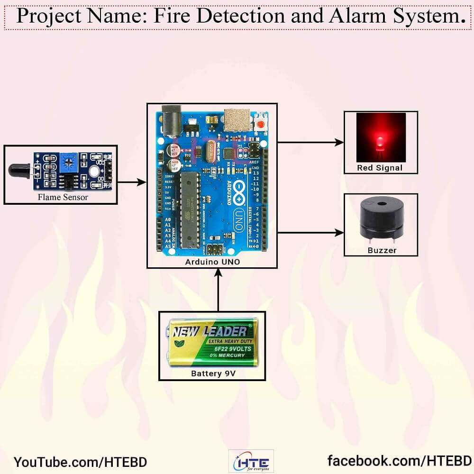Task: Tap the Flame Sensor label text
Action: pyautogui.click(x=63, y=197)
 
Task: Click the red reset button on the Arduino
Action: pyautogui.click(x=260, y=125)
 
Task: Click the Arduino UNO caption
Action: pyautogui.click(x=211, y=262)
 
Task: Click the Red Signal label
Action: pyautogui.click(x=380, y=168)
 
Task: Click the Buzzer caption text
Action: pyautogui.click(x=382, y=250)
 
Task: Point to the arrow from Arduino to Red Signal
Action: pyautogui.click(x=310, y=142)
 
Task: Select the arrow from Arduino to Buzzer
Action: pyautogui.click(x=310, y=233)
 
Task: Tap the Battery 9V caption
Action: pyautogui.click(x=213, y=374)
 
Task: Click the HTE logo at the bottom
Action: pyautogui.click(x=251, y=461)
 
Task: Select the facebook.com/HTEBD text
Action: pyautogui.click(x=399, y=460)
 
